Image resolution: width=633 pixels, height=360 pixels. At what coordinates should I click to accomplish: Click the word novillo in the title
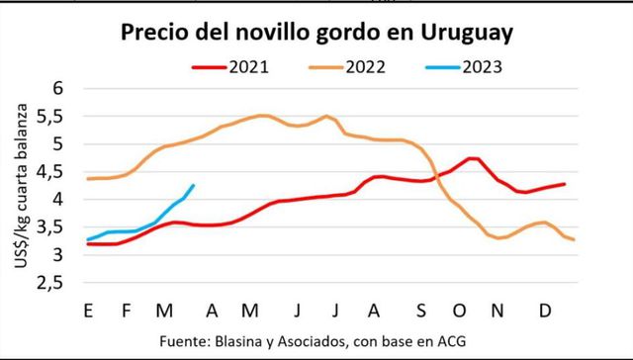pyautogui.click(x=274, y=33)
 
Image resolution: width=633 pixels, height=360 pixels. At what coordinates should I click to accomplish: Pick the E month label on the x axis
pyautogui.click(x=89, y=310)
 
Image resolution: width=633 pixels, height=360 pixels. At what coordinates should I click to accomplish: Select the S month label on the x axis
pyautogui.click(x=421, y=310)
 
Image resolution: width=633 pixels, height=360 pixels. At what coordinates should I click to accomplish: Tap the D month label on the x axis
pyautogui.click(x=544, y=310)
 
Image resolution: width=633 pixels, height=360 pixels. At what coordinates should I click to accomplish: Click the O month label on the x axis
pyautogui.click(x=461, y=310)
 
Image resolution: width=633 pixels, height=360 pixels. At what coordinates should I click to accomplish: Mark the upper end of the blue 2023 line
pyautogui.click(x=193, y=185)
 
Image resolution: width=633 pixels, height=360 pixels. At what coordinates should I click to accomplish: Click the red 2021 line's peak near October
pyautogui.click(x=473, y=158)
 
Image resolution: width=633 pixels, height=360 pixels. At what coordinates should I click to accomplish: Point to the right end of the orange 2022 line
pyautogui.click(x=573, y=240)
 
